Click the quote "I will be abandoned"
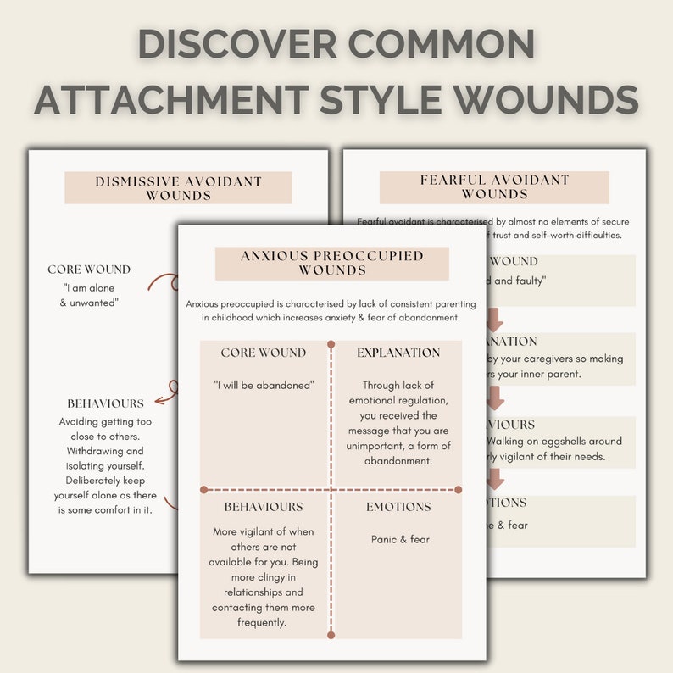pos(264,385)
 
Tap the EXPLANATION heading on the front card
pos(398,353)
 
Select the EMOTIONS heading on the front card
pos(398,507)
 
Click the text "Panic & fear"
pos(400,539)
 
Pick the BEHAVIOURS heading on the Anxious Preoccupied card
pos(264,507)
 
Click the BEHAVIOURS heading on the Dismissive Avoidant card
pos(106,403)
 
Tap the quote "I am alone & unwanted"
pos(89,295)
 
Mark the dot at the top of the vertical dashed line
pos(331,345)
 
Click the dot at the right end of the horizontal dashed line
pos(459,489)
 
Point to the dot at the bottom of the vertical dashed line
pos(331,634)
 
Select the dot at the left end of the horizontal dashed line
pos(204,489)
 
